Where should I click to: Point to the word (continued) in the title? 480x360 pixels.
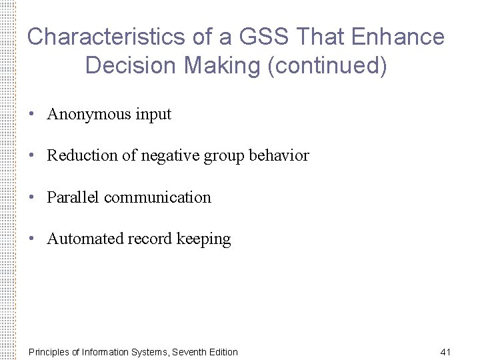(326, 66)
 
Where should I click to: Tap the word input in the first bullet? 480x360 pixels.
(153, 115)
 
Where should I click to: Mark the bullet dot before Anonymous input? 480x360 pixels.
(32, 115)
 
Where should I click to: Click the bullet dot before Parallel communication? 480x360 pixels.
(32, 197)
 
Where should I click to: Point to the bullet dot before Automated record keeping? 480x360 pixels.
(32, 239)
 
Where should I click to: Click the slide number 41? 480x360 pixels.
(446, 351)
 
